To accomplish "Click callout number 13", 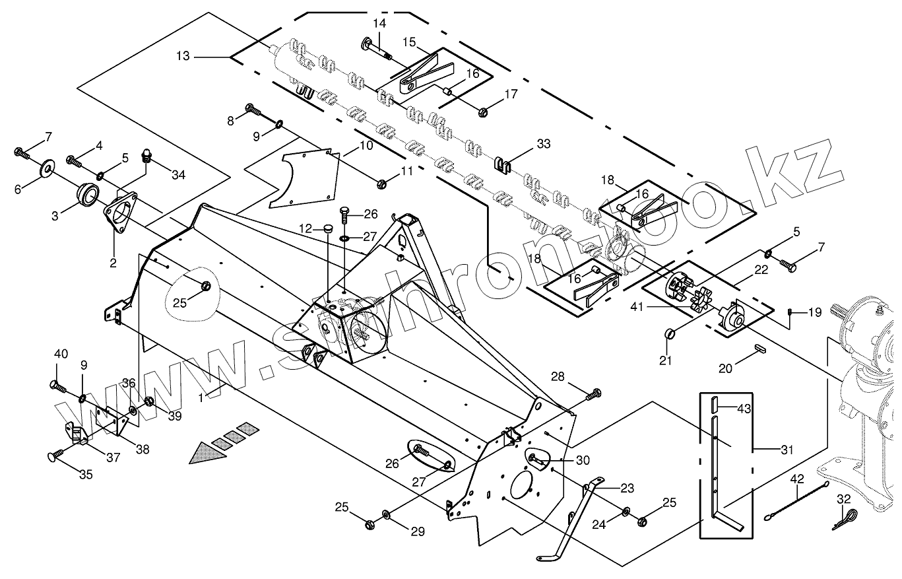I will pos(183,57).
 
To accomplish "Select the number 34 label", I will pos(178,175).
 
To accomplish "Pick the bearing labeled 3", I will pos(88,194).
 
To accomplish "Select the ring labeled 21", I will pos(670,333).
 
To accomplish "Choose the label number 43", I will pos(744,409).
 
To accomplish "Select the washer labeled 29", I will pos(387,514).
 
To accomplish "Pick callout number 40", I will pos(61,354).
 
